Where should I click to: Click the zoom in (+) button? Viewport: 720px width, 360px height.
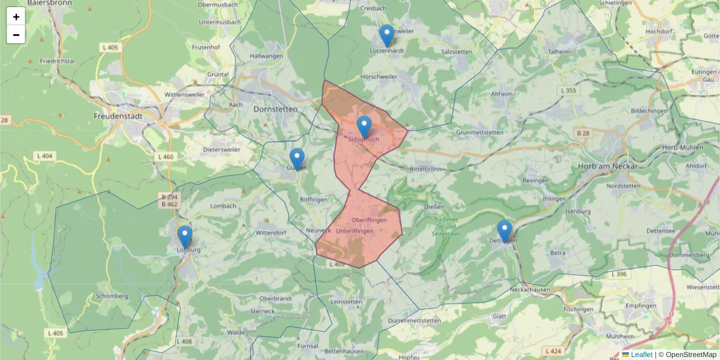(16, 17)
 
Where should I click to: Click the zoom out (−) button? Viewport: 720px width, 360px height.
(16, 35)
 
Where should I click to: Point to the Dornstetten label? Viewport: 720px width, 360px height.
(275, 110)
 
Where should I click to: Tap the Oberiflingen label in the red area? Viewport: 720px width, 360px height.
(369, 220)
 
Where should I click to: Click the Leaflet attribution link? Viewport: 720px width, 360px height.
(641, 355)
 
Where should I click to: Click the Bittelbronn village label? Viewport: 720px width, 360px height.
(424, 169)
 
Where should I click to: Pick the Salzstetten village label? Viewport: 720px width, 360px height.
(457, 52)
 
